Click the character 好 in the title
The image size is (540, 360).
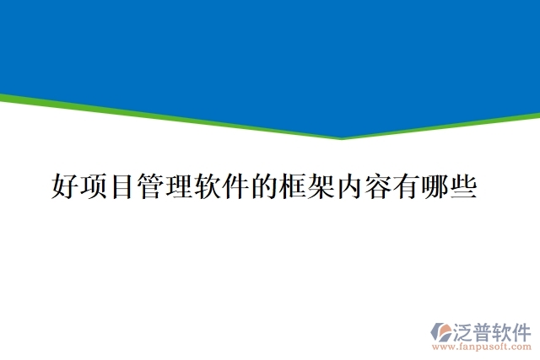click(65, 186)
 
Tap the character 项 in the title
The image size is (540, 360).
click(94, 186)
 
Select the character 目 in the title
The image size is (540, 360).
click(121, 186)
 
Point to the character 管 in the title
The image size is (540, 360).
click(150, 186)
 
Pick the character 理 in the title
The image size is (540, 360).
click(179, 186)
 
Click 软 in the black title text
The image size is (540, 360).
click(208, 186)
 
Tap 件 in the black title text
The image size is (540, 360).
click(236, 186)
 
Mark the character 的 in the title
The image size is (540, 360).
click(264, 186)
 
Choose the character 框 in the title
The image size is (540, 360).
click(293, 186)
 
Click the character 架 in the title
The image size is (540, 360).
click(321, 186)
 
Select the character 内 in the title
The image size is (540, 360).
click(350, 186)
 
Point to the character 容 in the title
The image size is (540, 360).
click(378, 186)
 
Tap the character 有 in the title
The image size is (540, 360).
click(407, 186)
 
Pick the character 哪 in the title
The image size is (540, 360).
click(435, 186)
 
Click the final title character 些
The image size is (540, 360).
click(464, 186)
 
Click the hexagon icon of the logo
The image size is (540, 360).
click(441, 332)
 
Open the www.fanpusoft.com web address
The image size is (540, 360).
click(482, 347)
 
